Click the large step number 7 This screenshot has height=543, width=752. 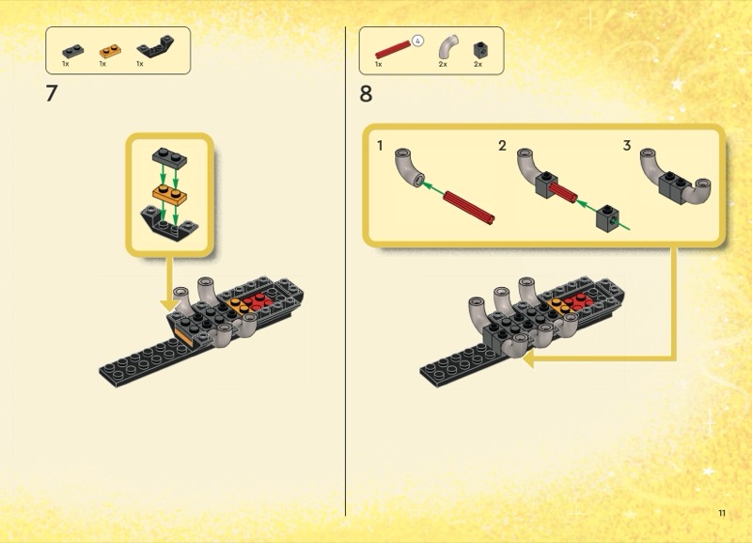click(52, 93)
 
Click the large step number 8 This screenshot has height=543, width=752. click(366, 93)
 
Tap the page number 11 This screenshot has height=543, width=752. click(722, 513)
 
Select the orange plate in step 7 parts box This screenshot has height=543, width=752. click(110, 51)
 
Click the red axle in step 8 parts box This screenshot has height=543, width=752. click(393, 49)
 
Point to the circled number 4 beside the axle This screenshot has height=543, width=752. click(417, 41)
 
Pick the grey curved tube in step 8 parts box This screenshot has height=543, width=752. click(447, 46)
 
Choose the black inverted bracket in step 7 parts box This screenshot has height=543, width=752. click(155, 46)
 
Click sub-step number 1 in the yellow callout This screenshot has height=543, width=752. click(380, 145)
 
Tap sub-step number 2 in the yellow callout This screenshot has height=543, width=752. click(502, 145)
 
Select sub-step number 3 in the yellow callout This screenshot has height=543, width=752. click(626, 145)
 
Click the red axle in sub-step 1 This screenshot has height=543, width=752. click(469, 207)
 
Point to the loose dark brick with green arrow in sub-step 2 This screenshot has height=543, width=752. click(607, 218)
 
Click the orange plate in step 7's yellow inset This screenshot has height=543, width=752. click(170, 194)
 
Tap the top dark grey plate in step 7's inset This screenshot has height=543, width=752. click(170, 157)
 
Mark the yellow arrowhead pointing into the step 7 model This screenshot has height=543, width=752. click(169, 305)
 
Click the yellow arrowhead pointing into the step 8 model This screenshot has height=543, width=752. click(528, 359)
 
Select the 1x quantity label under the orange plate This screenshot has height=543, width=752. click(102, 63)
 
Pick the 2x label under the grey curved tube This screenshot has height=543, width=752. click(443, 64)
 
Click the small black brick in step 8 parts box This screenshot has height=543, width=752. click(480, 50)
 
